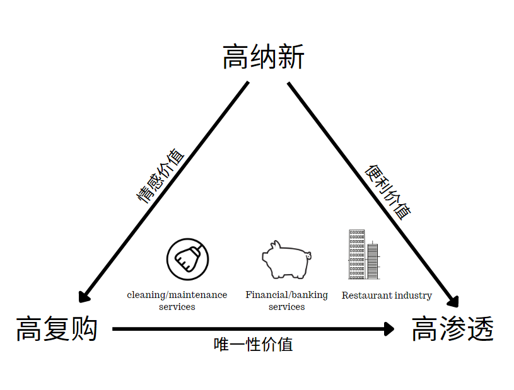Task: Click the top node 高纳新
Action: tap(264, 57)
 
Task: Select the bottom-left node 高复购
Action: tap(57, 329)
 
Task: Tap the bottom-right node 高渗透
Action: tap(452, 329)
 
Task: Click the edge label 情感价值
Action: tap(161, 176)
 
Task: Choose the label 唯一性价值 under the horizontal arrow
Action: tap(253, 345)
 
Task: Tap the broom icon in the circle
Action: tap(187, 258)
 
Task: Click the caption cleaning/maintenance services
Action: tap(177, 301)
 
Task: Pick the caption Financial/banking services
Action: tap(286, 301)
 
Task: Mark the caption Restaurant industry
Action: tap(387, 295)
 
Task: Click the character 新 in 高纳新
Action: tap(291, 57)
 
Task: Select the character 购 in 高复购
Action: tap(84, 329)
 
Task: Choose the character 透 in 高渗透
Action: tap(479, 329)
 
